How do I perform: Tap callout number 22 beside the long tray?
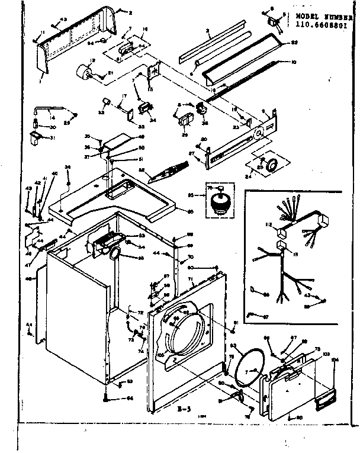[x=294, y=43]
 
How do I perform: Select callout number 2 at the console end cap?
[x=131, y=12]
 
